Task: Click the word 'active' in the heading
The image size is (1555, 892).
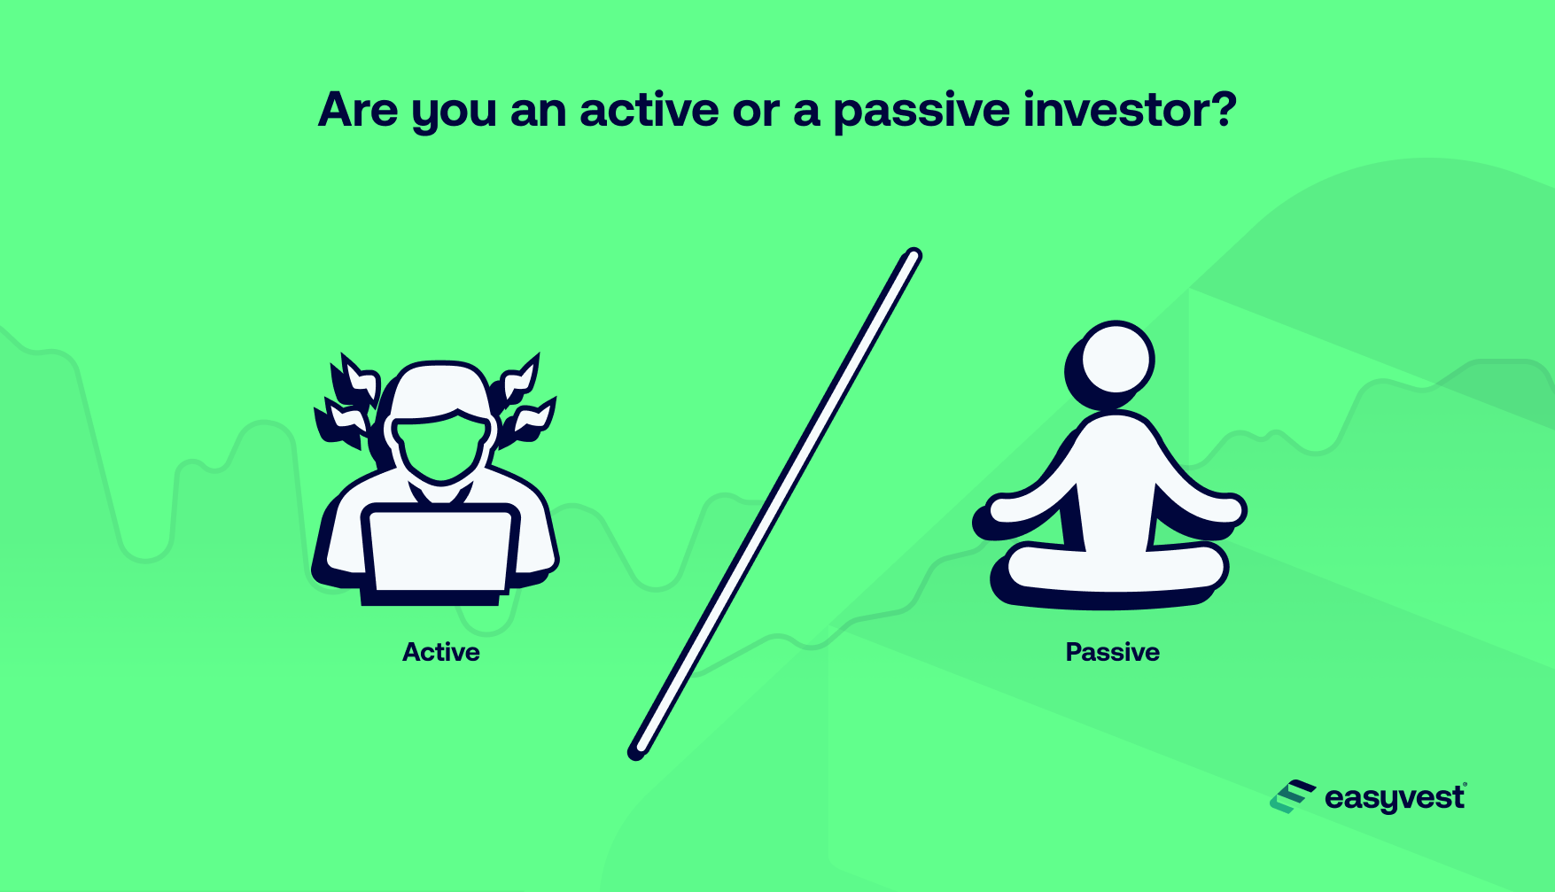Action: click(649, 110)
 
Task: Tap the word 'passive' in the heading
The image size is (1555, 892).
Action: click(921, 112)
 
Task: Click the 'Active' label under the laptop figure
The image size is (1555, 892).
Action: click(441, 652)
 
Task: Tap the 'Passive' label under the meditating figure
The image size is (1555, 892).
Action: click(1112, 652)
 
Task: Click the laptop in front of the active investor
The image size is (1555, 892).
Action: click(440, 549)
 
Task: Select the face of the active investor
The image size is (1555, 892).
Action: click(441, 443)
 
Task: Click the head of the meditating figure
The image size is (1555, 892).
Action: click(1116, 360)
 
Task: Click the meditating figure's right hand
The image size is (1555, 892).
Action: click(1227, 509)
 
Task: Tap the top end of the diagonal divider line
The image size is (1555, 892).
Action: click(913, 257)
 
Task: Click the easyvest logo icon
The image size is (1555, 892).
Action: click(1292, 797)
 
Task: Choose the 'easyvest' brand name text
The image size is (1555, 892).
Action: click(1395, 798)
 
